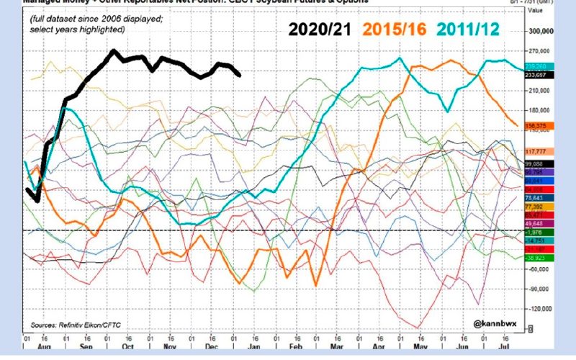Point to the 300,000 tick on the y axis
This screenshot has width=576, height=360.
pos(541,32)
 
